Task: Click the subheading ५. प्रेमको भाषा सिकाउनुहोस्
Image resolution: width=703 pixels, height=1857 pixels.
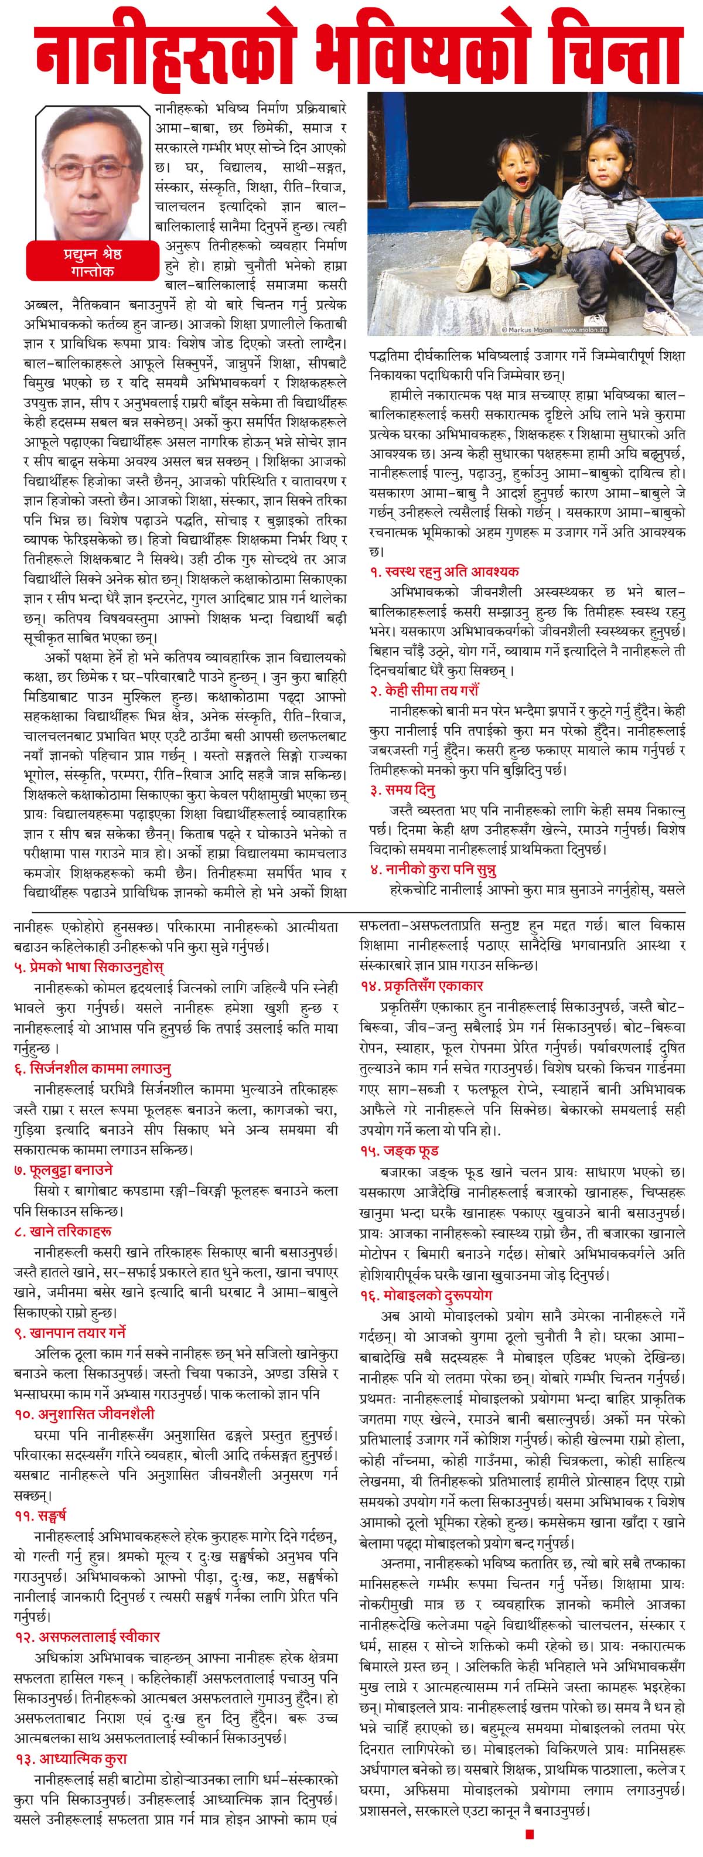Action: (88, 967)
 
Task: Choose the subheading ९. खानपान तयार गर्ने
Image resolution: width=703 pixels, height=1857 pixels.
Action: (70, 1332)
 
